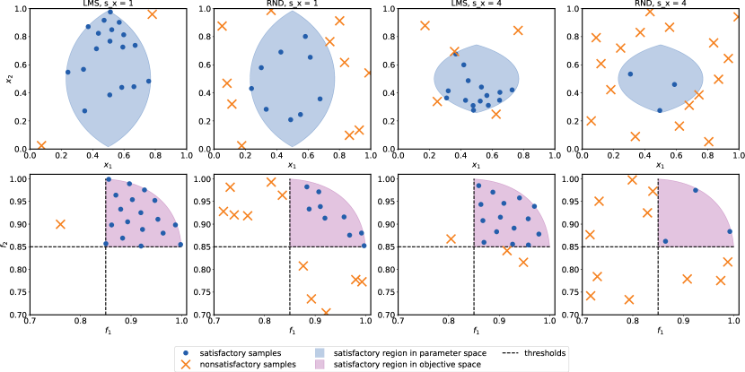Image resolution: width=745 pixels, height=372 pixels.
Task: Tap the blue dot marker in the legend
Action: tap(186, 353)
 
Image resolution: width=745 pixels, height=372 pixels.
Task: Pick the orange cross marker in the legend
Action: tap(186, 365)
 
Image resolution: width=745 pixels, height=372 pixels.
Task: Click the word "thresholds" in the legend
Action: tap(546, 353)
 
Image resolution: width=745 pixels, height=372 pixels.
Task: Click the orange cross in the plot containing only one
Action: tap(60, 224)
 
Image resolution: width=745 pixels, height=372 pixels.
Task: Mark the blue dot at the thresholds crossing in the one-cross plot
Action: tap(106, 244)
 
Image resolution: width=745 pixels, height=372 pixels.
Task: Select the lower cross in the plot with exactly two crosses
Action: tap(41, 145)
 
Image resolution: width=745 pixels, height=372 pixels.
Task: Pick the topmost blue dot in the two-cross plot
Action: tap(110, 13)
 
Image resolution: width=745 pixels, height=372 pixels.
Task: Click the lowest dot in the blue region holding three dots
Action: tap(660, 110)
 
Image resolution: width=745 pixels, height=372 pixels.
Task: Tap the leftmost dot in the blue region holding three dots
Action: tap(630, 74)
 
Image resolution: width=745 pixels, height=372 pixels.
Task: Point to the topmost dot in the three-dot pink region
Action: tap(695, 190)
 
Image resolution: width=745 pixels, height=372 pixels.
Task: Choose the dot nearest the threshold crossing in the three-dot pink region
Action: tap(665, 241)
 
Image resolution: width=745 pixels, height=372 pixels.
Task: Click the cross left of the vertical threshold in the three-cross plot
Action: tap(451, 238)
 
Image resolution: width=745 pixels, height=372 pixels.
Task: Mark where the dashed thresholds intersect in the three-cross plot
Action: tap(474, 246)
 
